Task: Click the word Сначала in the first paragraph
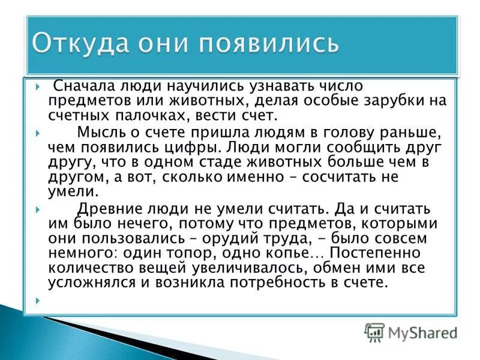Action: tap(80, 87)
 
